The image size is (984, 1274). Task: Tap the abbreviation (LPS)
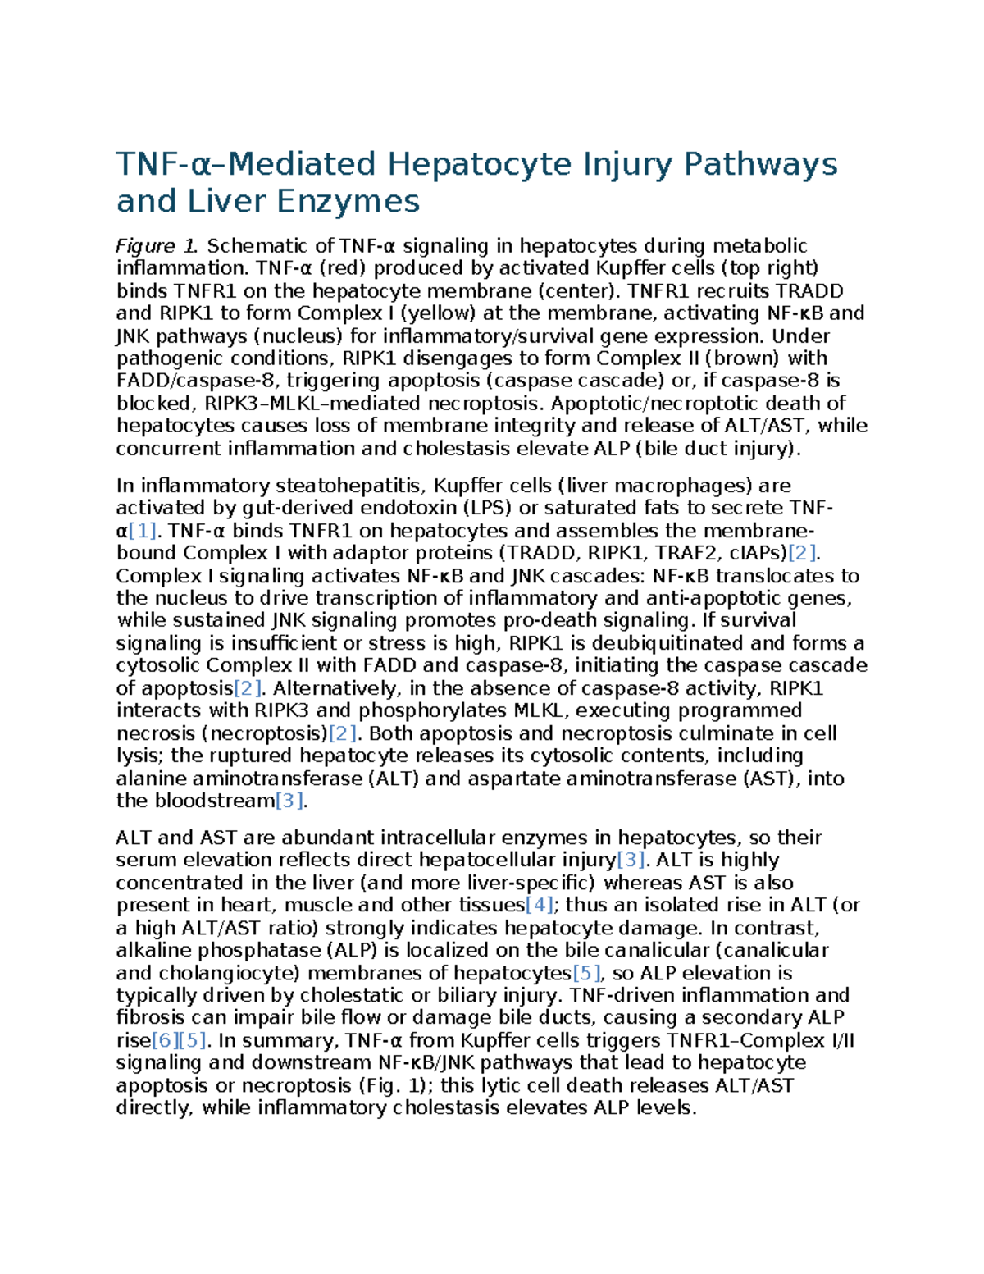485,508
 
